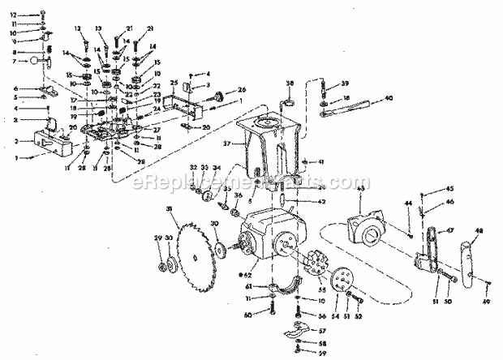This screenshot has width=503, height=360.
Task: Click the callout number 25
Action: pyautogui.click(x=174, y=83)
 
